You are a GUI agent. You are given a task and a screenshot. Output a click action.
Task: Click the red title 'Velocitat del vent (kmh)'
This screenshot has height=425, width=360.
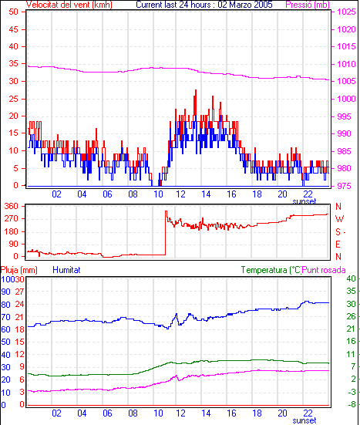(69, 5)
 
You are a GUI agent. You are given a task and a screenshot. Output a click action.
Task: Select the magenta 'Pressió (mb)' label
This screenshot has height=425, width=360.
(308, 5)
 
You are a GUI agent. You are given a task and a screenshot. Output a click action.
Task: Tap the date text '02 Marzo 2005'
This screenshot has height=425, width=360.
(245, 5)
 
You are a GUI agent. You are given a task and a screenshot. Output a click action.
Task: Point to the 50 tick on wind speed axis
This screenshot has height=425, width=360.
(13, 12)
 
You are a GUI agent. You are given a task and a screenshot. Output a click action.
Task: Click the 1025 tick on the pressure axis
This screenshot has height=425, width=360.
(346, 12)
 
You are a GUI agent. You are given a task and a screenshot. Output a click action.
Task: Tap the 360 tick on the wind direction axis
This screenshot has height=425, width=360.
(12, 206)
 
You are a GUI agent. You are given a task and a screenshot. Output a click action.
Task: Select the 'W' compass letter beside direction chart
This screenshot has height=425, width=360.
(339, 219)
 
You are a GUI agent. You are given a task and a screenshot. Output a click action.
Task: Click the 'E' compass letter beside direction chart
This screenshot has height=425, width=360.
(338, 245)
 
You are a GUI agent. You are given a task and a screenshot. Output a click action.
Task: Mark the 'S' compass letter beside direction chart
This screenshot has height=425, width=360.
(338, 232)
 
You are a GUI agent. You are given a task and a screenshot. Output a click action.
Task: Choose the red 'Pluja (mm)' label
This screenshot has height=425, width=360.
(19, 270)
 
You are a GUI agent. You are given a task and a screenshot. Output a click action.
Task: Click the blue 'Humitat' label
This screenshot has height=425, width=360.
(66, 270)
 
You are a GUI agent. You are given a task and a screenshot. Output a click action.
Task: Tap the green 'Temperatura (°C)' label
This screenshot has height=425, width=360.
(271, 270)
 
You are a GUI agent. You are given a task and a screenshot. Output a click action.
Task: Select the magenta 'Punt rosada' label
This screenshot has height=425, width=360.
(324, 270)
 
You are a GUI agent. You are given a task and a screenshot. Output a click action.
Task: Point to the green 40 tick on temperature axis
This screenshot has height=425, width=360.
(351, 278)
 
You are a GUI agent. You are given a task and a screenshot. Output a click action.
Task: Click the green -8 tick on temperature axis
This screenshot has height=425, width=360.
(352, 405)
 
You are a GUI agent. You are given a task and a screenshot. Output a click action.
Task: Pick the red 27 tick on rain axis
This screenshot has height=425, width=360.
(19, 292)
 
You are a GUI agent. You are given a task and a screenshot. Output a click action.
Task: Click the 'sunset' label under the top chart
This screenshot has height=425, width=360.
(304, 201)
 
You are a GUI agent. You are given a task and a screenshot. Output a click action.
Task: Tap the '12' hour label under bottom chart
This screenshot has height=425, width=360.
(180, 413)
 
